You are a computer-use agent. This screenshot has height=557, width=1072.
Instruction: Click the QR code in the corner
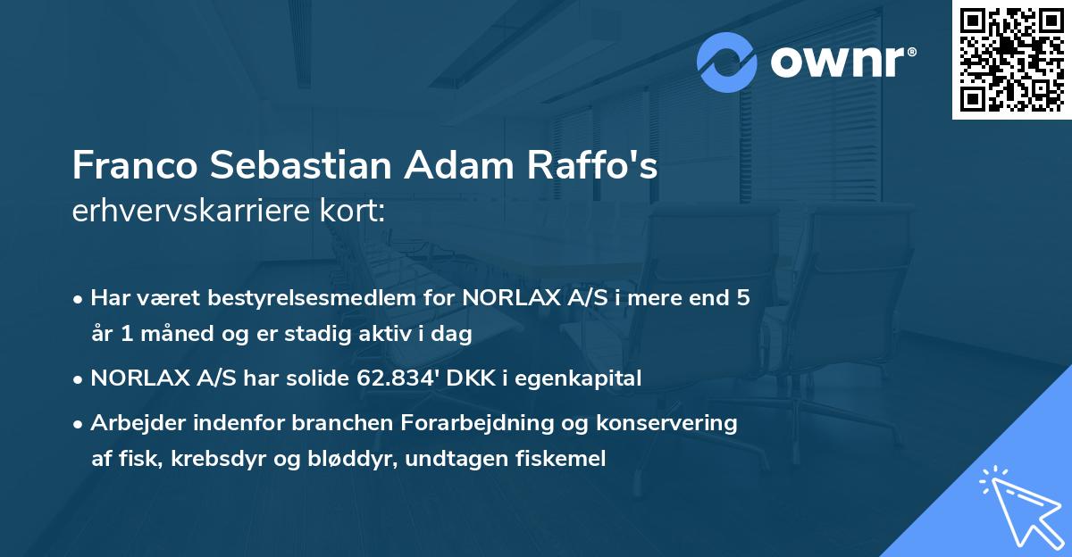point(1011,60)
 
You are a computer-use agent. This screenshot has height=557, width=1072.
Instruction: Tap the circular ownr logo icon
point(727,62)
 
